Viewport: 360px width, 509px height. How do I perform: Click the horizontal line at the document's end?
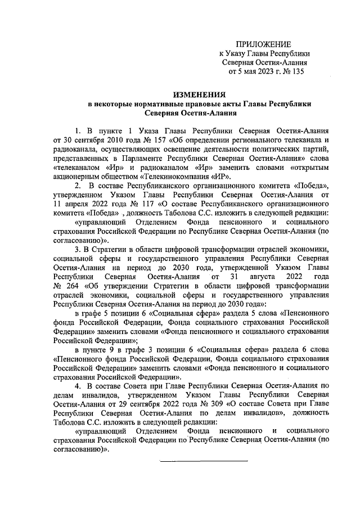(x=204, y=461)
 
